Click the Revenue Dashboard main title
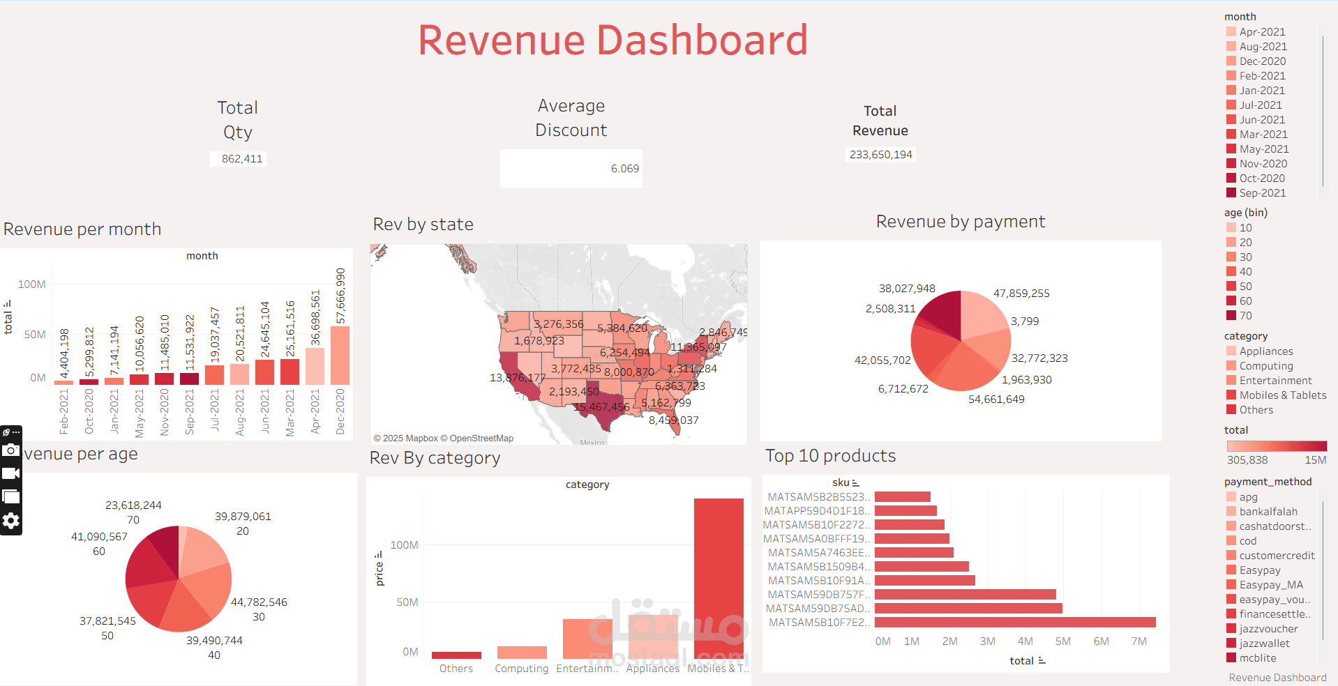[612, 40]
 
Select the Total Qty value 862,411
[241, 159]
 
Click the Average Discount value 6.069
[624, 169]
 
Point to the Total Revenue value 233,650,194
[880, 155]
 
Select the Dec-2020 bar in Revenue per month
[340, 356]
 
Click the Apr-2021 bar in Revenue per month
[315, 366]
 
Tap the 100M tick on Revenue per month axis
[32, 284]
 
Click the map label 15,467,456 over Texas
[601, 407]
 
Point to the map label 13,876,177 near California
[518, 378]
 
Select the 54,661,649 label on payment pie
[996, 399]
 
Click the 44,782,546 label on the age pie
[259, 602]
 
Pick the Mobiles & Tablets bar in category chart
[719, 579]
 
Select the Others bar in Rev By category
[456, 655]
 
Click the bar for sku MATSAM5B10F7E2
[1015, 623]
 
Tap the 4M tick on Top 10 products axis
[1025, 641]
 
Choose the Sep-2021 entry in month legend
[1262, 193]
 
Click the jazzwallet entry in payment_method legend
[1264, 643]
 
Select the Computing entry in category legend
[1265, 366]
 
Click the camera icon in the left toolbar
[10, 450]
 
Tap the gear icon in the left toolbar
[10, 521]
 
